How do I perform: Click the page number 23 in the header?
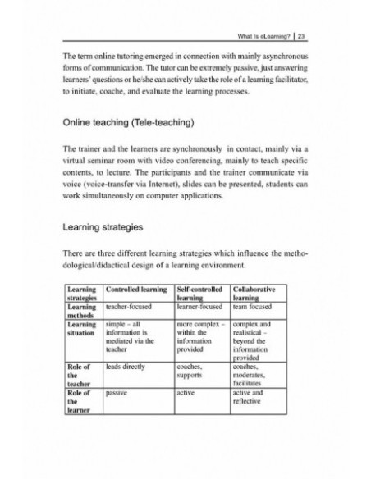tap(302, 36)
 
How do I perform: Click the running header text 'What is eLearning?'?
tap(262, 36)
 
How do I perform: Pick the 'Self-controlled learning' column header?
tap(201, 295)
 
